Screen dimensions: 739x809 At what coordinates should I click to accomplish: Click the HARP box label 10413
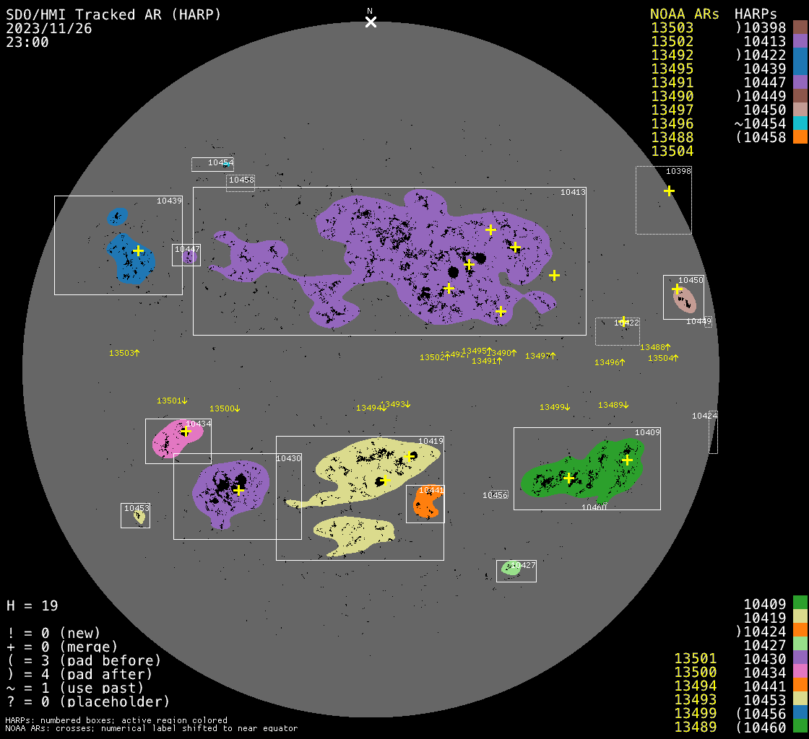[573, 192]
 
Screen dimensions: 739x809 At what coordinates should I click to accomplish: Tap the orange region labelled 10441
[426, 504]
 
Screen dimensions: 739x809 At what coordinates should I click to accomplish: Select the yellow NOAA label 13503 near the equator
[124, 353]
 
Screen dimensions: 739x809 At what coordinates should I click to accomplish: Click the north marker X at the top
[371, 22]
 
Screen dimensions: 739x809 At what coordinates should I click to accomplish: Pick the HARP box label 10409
[647, 432]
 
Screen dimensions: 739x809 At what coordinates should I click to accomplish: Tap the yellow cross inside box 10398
[670, 191]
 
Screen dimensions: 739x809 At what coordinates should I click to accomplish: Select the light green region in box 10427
[511, 568]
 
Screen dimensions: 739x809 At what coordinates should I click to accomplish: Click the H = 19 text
[33, 605]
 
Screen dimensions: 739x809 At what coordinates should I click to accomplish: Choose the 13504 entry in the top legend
[672, 151]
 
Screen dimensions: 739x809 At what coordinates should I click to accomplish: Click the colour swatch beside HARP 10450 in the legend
[800, 110]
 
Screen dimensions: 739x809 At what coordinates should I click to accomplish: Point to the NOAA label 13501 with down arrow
[172, 401]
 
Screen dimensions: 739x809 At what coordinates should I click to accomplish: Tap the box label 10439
[169, 201]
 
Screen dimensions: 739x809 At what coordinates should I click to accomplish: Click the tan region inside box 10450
[685, 300]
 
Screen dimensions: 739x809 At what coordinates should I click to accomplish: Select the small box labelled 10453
[135, 515]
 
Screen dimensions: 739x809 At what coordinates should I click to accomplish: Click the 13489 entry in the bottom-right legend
[695, 726]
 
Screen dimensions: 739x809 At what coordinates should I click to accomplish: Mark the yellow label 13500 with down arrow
[225, 408]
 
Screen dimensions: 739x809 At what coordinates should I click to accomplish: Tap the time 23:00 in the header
[27, 42]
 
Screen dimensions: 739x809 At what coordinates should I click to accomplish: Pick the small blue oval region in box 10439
[117, 216]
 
